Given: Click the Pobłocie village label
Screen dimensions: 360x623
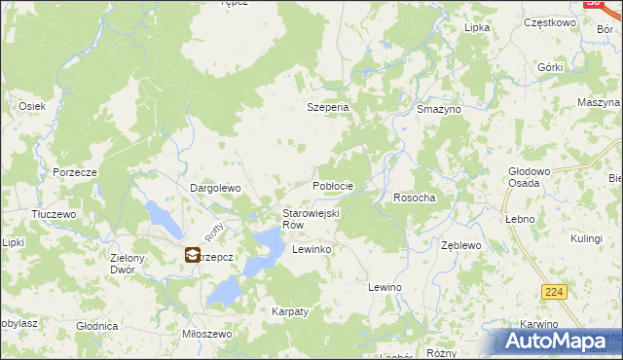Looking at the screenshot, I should pos(332,185).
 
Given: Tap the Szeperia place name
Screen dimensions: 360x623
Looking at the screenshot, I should pos(328,108).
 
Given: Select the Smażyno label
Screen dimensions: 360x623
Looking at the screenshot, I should pos(438,111).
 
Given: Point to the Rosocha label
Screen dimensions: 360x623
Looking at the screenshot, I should pos(414,198).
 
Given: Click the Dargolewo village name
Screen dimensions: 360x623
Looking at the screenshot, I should pos(214,188).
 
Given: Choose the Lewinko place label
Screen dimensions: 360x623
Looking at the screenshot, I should pos(312,250).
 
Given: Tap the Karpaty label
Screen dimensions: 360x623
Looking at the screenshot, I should pos(289,311).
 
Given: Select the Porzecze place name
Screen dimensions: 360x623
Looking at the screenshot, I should pos(74,172).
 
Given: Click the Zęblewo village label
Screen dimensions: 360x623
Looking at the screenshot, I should pos(461,246).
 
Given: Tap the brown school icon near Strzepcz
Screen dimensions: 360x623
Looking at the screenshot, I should pos(192,256).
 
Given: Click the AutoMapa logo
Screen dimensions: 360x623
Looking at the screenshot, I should pos(557,342).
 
